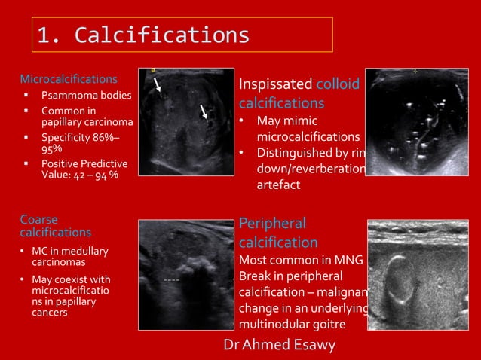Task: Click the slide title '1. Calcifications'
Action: click(143, 35)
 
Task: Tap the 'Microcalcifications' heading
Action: click(68, 78)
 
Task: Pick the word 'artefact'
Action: click(278, 185)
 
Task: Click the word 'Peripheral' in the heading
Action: click(272, 224)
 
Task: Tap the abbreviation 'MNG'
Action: click(347, 261)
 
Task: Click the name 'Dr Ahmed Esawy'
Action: click(280, 344)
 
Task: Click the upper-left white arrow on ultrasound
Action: click(158, 84)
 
